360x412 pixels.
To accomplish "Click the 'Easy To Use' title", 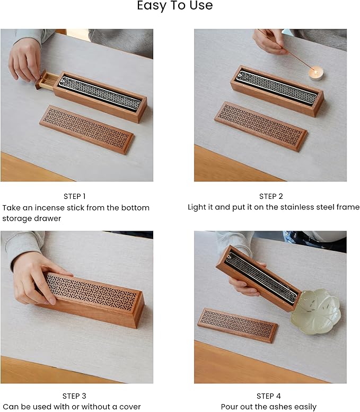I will click(x=174, y=6).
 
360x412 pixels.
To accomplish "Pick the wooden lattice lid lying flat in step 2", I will click(x=261, y=125).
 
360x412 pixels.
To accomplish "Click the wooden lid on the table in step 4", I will click(x=238, y=325).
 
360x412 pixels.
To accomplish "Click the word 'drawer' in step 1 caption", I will click(x=48, y=218).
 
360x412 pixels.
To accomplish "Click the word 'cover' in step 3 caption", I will click(x=129, y=407).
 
